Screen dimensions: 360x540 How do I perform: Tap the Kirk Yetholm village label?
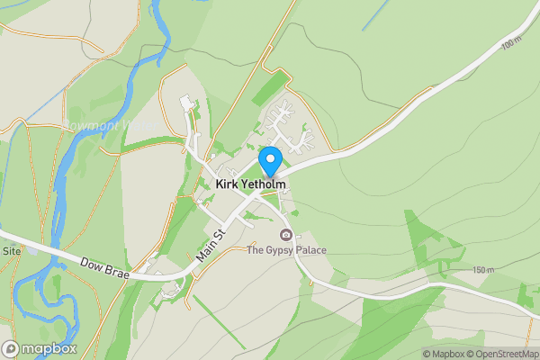point(251,184)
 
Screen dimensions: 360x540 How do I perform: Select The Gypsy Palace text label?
point(286,250)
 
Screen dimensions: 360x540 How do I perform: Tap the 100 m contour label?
point(512,42)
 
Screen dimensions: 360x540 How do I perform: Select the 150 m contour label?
point(483,270)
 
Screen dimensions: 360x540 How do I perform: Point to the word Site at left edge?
point(12,251)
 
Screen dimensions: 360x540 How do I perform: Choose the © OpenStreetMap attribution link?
point(498,354)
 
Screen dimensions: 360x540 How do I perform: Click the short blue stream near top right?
point(376,16)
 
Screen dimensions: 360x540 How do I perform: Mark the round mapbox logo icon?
point(11,348)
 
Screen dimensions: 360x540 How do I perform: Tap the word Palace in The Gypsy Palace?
point(308,250)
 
